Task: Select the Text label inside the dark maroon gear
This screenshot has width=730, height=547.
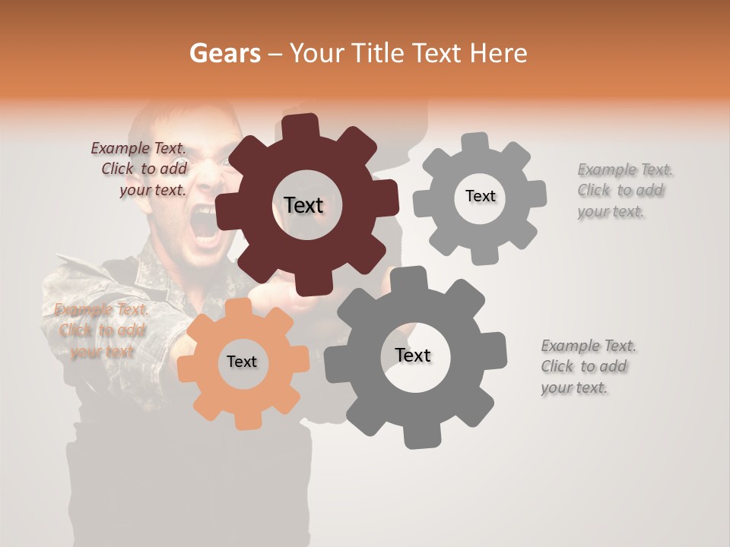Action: pos(303,205)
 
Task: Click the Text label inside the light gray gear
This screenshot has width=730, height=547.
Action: pos(480,196)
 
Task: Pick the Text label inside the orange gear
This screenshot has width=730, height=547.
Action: pos(241,362)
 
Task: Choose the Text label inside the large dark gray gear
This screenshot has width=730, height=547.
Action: pos(413,355)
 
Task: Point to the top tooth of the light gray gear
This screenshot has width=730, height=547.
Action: pos(475,142)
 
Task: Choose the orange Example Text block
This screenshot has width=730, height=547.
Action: pos(100,330)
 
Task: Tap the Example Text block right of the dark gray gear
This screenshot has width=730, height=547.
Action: pos(587,366)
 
